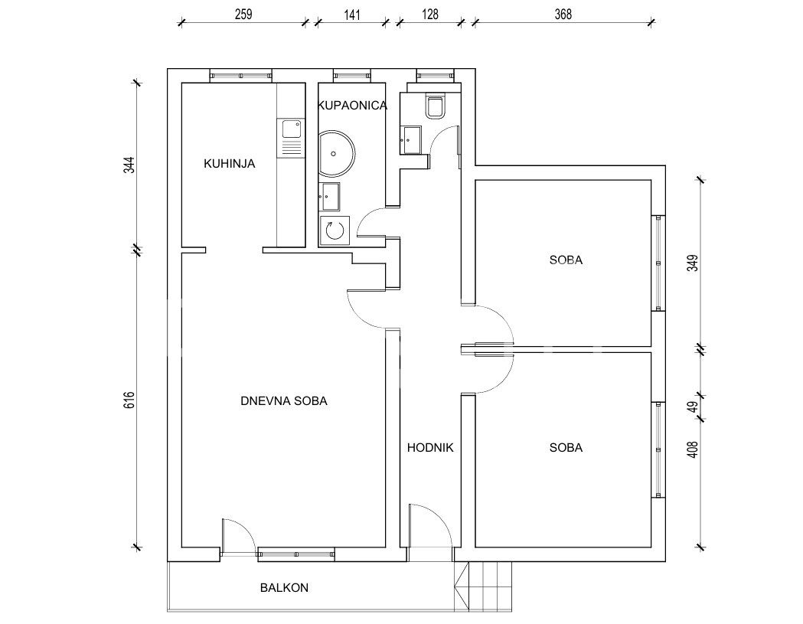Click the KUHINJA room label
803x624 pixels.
[229, 164]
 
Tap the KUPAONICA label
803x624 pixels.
[352, 106]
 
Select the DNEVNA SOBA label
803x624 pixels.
[284, 401]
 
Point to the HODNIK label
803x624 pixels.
[430, 448]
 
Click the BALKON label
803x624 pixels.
[284, 587]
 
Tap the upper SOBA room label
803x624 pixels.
[566, 260]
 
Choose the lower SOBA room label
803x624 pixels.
[566, 448]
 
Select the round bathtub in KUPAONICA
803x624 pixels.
[337, 153]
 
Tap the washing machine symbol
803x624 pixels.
[335, 231]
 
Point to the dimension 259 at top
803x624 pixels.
[243, 15]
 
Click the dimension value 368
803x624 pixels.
[563, 15]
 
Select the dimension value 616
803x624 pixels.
[129, 400]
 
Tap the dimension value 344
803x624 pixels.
[129, 165]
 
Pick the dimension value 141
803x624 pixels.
[351, 15]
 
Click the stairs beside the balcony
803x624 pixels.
[483, 586]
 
